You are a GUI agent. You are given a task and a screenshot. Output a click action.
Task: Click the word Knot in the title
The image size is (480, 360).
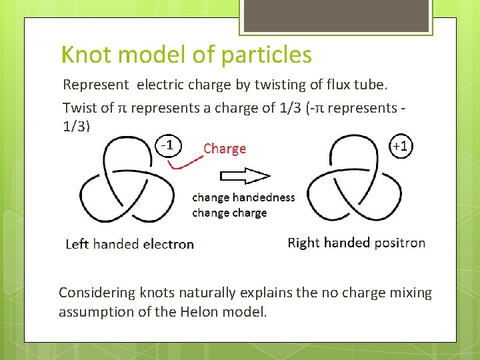(x=81, y=55)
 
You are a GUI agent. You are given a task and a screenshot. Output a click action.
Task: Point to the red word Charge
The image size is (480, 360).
(x=225, y=149)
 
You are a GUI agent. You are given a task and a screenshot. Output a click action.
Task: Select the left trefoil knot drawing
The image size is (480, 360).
(x=130, y=182)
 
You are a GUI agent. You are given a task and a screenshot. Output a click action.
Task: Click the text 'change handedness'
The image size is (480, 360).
(x=243, y=197)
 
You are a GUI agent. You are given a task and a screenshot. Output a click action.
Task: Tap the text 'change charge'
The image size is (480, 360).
(x=229, y=213)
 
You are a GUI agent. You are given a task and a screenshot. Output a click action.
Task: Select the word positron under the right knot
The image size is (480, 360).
(x=398, y=243)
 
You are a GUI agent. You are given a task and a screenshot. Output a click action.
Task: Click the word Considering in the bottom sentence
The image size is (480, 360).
(x=97, y=293)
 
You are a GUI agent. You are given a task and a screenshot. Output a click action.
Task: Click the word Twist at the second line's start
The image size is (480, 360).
(x=78, y=107)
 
